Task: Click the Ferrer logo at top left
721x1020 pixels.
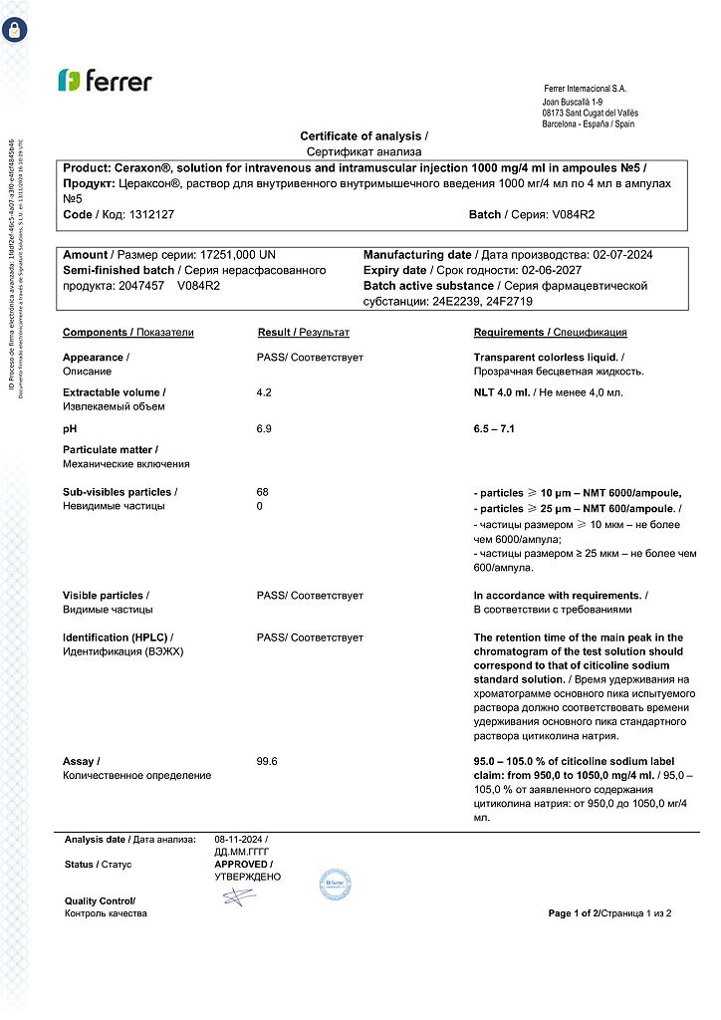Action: pyautogui.click(x=105, y=81)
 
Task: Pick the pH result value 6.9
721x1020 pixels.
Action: pyautogui.click(x=264, y=428)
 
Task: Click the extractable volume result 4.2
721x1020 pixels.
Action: pyautogui.click(x=264, y=392)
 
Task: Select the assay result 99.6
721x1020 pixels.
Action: pyautogui.click(x=266, y=761)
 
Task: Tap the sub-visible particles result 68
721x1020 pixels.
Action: pyautogui.click(x=263, y=492)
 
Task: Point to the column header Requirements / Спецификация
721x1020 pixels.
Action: pyautogui.click(x=550, y=333)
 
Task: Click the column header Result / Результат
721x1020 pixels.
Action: pyautogui.click(x=303, y=333)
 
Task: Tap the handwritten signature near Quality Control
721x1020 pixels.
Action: pyautogui.click(x=239, y=895)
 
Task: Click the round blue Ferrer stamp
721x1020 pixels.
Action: pyautogui.click(x=335, y=885)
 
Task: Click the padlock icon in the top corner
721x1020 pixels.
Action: pyautogui.click(x=14, y=28)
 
